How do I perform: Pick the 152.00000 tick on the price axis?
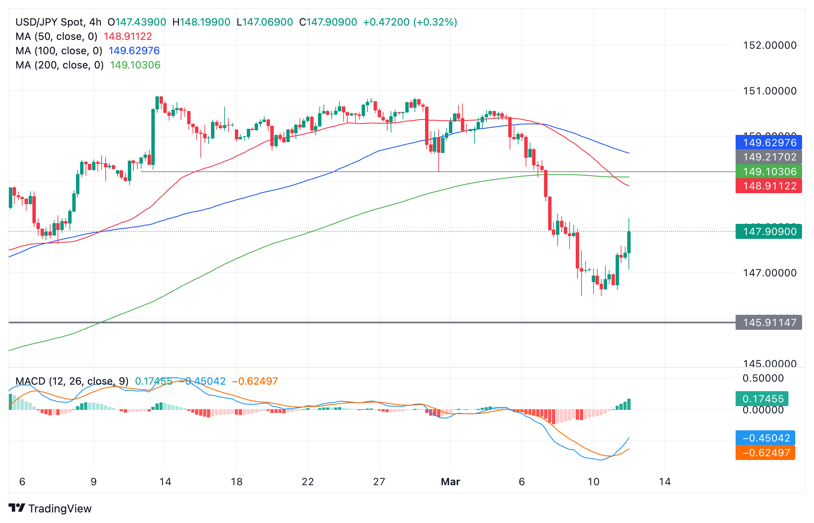769,45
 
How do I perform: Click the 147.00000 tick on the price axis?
769,273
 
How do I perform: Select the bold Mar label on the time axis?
450,481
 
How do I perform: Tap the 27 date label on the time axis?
379,481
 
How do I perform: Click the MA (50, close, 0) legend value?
128,36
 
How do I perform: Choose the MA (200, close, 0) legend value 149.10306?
135,65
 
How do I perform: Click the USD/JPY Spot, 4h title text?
58,22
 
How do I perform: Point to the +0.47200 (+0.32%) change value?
410,22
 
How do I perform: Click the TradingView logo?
50,508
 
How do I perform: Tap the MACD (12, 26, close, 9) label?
72,381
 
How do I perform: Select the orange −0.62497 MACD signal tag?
765,452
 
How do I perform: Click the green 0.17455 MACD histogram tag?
762,399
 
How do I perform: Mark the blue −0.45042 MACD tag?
765,438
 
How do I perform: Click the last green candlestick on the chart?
629,242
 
